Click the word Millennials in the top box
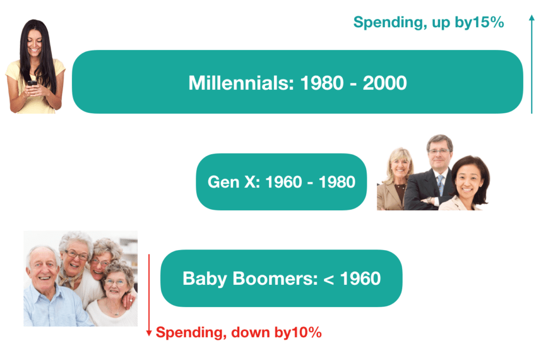coord(241,83)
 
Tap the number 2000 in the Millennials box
coord(385,83)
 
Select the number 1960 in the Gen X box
coord(284,182)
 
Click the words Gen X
coord(234,182)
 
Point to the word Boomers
coord(275,278)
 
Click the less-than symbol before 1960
coord(329,279)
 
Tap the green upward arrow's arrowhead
coord(532,18)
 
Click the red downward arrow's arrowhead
coord(149,333)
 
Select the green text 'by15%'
coord(480,22)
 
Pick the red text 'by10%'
coord(298,332)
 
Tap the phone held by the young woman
coord(32,83)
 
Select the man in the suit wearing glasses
coord(432,173)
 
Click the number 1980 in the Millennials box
coord(322,83)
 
